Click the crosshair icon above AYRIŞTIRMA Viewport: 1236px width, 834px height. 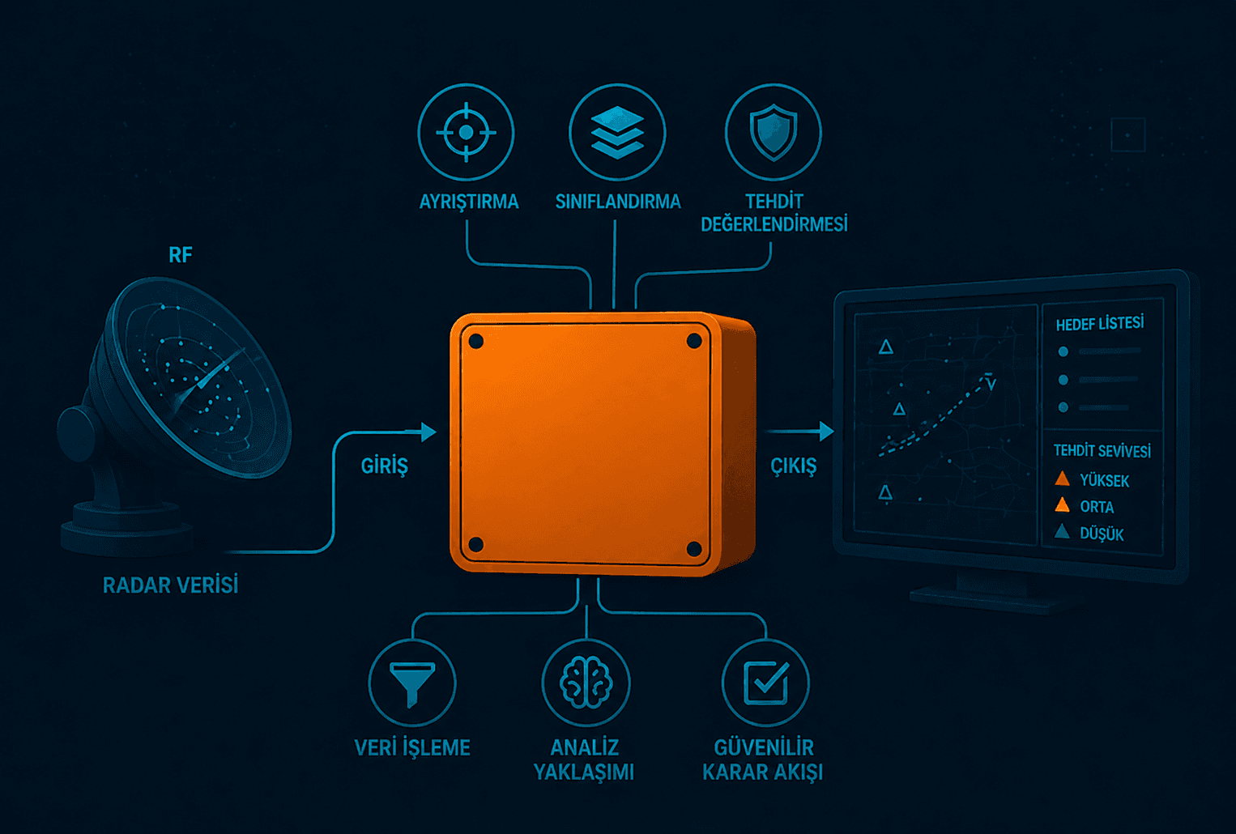coord(467,132)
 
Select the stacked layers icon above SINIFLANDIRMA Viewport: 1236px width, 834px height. coord(617,132)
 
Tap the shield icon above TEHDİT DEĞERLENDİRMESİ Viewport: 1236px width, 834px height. coord(774,132)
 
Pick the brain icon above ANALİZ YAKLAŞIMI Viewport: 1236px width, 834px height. coord(586,683)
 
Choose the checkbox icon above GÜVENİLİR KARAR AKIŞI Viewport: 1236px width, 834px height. coord(766,683)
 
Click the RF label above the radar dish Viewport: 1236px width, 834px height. coord(181,255)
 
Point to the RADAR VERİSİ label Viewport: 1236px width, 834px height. coord(171,585)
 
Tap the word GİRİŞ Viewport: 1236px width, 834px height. coord(385,466)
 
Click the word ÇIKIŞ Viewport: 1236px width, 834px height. coord(794,466)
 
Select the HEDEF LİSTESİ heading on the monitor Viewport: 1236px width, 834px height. coord(1100,324)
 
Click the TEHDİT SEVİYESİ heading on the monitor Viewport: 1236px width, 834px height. coord(1102,451)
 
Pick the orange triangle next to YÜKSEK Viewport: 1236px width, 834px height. coord(1062,479)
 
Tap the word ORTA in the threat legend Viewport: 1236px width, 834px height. coord(1097,507)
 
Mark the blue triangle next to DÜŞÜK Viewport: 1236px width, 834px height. coord(1062,532)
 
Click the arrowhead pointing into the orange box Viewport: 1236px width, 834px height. coord(428,432)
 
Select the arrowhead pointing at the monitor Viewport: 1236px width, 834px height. coord(826,431)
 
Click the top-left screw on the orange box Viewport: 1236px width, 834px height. coord(475,342)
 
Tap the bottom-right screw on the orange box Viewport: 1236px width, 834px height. coord(693,549)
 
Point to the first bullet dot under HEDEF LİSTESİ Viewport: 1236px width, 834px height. coord(1063,351)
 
